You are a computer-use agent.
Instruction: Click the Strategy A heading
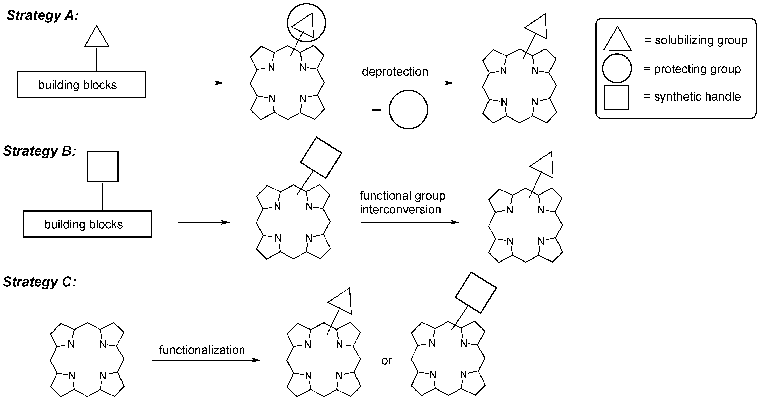click(x=43, y=15)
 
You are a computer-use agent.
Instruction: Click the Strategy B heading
click(x=40, y=151)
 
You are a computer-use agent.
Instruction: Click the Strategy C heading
click(x=40, y=282)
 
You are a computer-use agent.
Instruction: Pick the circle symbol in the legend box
click(x=617, y=68)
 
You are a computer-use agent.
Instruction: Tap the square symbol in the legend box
click(x=616, y=98)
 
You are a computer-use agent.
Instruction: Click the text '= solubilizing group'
click(x=696, y=40)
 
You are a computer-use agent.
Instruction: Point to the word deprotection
click(x=395, y=72)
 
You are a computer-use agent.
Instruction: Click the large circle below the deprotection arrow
click(x=408, y=110)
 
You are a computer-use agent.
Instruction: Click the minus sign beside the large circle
click(x=376, y=110)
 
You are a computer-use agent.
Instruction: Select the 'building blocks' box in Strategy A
click(x=81, y=85)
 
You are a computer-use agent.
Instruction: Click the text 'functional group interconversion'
click(x=402, y=203)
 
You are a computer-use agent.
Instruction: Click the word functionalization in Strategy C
click(x=202, y=350)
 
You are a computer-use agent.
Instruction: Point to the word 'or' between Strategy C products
click(x=386, y=361)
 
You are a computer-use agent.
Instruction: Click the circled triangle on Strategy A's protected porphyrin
click(x=306, y=23)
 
